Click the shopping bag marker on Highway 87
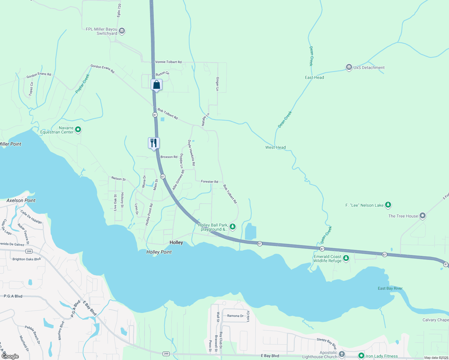tap(156, 85)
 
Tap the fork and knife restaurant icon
tap(154, 143)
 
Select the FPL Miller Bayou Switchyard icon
tap(122, 31)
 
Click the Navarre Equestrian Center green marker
tap(78, 130)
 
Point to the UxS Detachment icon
tap(349, 67)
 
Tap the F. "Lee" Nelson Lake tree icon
tap(388, 205)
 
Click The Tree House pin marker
tap(423, 215)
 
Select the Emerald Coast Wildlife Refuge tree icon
tap(346, 258)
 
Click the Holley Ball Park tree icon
tap(232, 226)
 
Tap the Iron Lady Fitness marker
tap(361, 356)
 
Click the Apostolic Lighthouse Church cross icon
tap(342, 354)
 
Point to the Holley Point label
tap(159, 252)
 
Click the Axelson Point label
tap(21, 200)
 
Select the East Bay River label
tap(390, 288)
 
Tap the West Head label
tap(275, 147)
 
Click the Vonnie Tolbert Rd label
tap(168, 62)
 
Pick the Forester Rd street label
tap(209, 181)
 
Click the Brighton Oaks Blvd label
tap(26, 259)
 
